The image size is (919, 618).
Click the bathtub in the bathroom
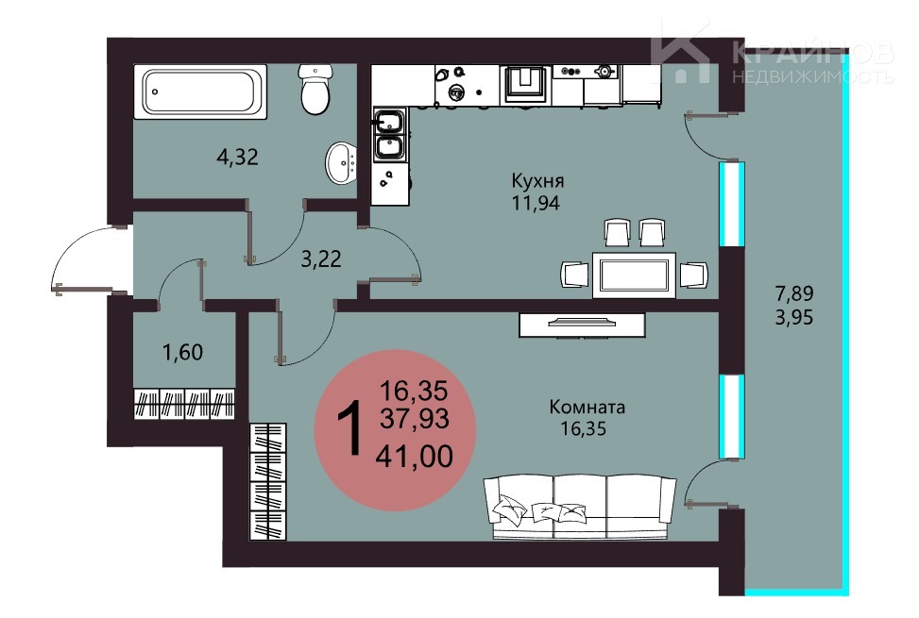pos(200,92)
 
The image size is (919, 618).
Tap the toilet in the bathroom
pos(315,89)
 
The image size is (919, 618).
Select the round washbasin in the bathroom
pos(341,163)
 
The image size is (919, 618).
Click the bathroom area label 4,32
pos(237,157)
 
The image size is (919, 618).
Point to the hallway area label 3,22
pos(320,259)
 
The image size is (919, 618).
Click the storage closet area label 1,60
pos(182,352)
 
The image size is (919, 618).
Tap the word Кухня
pos(537,180)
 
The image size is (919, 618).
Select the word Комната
pos(587,407)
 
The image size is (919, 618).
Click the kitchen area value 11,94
pos(536,203)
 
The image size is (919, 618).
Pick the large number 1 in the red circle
pos(349,430)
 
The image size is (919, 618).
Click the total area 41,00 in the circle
pos(415,457)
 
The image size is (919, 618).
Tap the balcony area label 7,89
pos(794,292)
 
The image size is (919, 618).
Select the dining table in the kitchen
pos(634,276)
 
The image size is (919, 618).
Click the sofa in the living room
pos(580,508)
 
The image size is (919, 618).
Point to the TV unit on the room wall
pos(582,325)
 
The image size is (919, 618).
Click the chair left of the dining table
pos(574,275)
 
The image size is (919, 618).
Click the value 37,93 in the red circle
pos(415,418)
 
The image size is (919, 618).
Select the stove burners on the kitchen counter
pos(587,72)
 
